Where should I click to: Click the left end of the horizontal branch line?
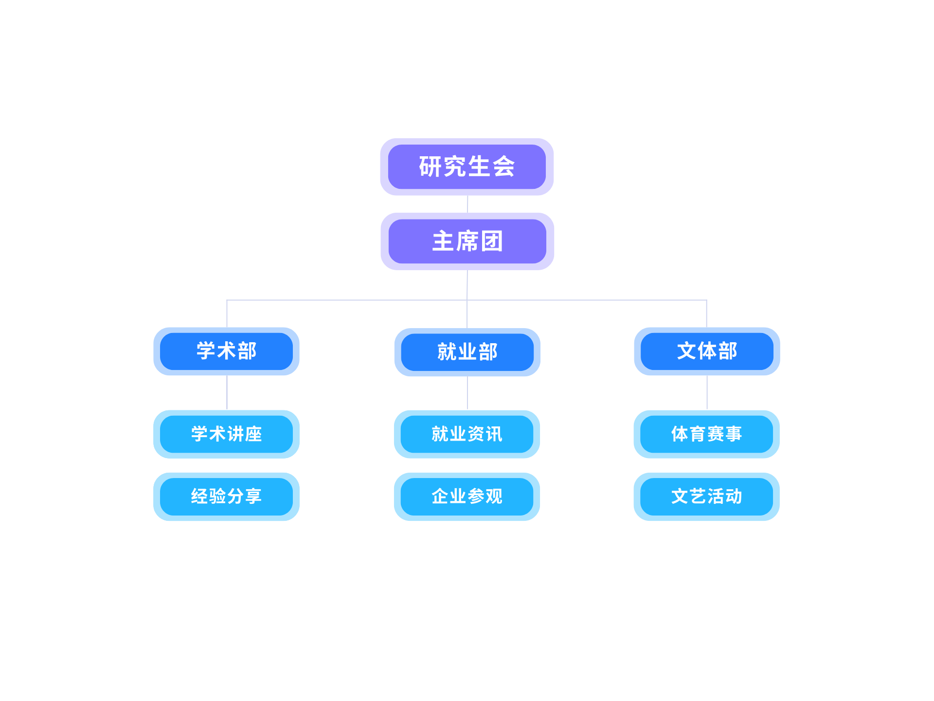point(227,300)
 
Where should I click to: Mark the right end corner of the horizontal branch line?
point(707,300)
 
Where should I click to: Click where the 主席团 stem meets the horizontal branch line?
point(467,300)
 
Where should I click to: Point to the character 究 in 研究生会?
point(455,166)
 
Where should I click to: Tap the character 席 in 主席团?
point(467,241)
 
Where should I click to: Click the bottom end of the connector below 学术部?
point(227,409)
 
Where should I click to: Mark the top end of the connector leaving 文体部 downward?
point(707,376)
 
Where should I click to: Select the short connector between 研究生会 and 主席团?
point(467,204)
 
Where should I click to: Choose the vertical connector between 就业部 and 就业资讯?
point(467,393)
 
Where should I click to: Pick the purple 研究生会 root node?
point(467,166)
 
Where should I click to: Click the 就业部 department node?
point(467,352)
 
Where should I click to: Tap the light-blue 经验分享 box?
point(227,497)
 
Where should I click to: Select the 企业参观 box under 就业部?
point(467,497)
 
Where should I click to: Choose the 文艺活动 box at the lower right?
point(707,497)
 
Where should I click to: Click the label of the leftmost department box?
point(227,351)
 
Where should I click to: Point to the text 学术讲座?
point(227,434)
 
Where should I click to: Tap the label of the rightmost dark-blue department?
point(707,351)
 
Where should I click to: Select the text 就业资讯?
point(467,434)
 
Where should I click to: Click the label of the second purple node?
point(467,241)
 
